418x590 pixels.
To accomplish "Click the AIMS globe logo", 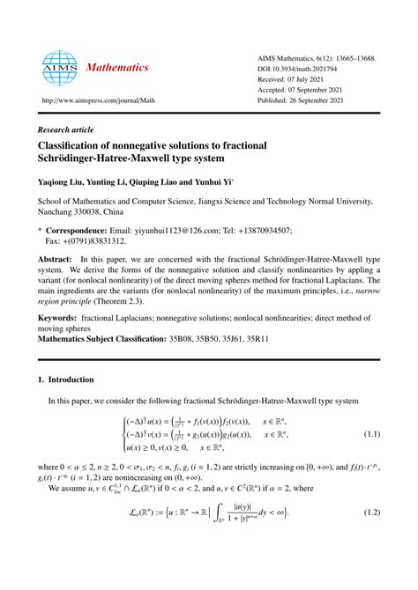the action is tap(57, 65).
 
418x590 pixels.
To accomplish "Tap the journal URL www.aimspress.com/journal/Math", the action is tap(91, 101).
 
